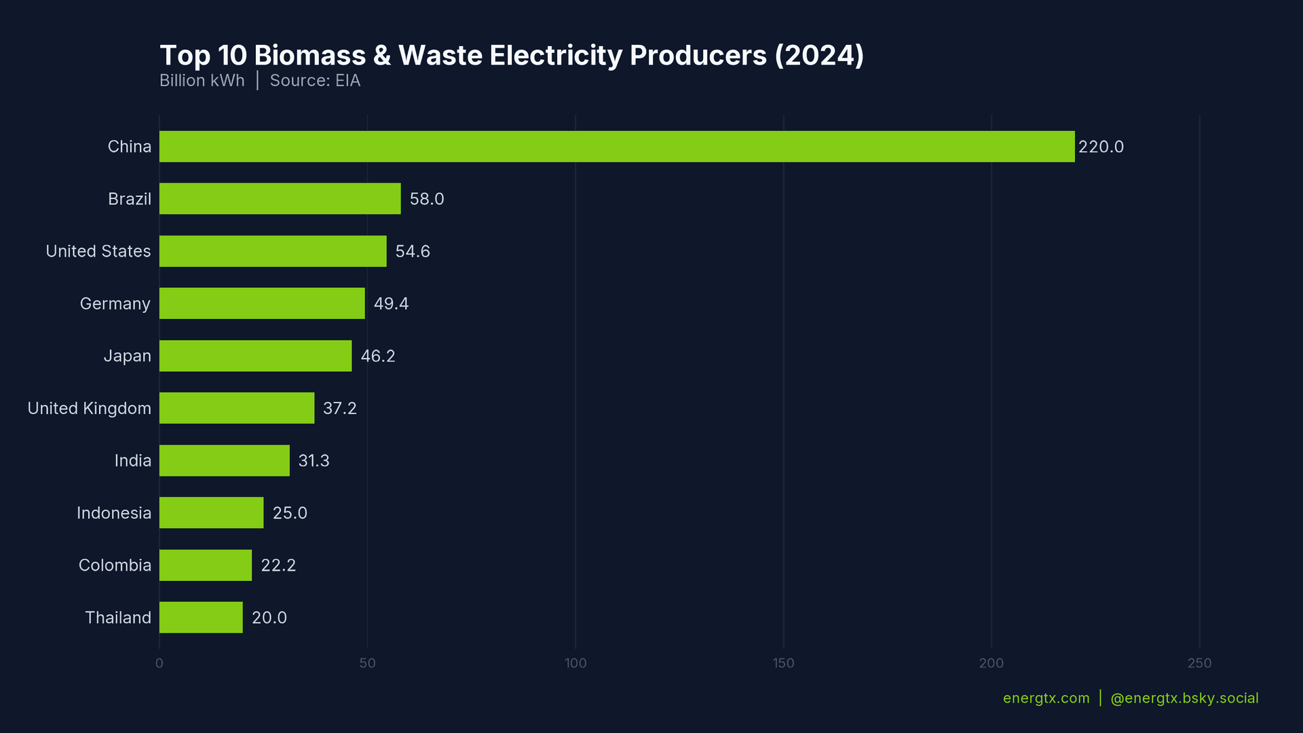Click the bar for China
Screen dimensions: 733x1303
point(616,147)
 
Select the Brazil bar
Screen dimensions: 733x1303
point(280,199)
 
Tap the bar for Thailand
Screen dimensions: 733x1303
point(201,618)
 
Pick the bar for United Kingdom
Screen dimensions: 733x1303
point(237,408)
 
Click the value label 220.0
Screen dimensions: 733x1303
point(1101,147)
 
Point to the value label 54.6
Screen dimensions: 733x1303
point(413,251)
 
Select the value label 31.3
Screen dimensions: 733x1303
point(314,461)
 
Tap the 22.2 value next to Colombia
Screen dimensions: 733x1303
point(278,565)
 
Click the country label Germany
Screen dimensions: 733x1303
point(115,303)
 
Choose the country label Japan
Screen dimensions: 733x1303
point(127,356)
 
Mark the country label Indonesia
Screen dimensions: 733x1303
point(114,513)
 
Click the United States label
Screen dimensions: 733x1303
point(98,251)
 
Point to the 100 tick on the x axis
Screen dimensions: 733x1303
point(575,663)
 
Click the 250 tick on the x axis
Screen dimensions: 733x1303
point(1199,663)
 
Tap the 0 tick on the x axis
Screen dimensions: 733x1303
point(159,663)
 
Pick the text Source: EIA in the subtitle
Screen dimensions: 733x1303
point(315,81)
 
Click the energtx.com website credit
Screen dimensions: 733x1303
point(1046,698)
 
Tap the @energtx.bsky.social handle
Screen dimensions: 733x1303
point(1184,698)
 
